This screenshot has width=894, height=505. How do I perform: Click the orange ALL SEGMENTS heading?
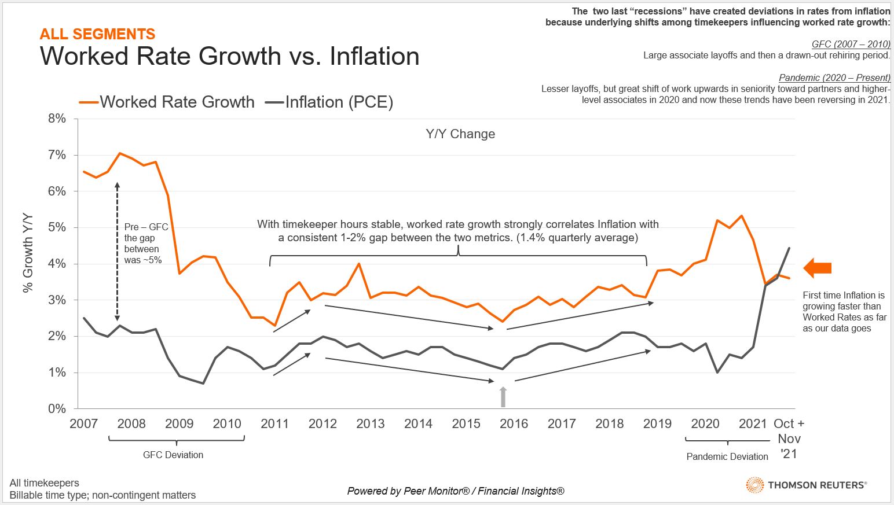pyautogui.click(x=97, y=34)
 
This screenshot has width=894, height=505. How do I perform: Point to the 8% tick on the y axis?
pyautogui.click(x=57, y=119)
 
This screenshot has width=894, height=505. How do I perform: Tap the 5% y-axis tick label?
pyautogui.click(x=57, y=227)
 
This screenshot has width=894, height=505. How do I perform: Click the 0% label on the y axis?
pyautogui.click(x=57, y=409)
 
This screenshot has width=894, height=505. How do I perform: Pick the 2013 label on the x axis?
pyautogui.click(x=371, y=424)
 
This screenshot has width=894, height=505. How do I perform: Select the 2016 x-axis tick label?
pyautogui.click(x=514, y=424)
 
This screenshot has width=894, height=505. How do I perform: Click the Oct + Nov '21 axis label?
pyautogui.click(x=789, y=438)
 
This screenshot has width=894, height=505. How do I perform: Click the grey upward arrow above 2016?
pyautogui.click(x=503, y=397)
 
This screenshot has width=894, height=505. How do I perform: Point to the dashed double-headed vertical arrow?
pyautogui.click(x=118, y=251)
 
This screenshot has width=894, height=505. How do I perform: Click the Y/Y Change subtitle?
pyautogui.click(x=460, y=134)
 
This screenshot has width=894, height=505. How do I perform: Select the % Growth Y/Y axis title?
pyautogui.click(x=28, y=253)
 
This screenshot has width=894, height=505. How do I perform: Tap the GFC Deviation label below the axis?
pyautogui.click(x=173, y=455)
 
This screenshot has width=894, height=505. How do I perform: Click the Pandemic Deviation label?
pyautogui.click(x=727, y=456)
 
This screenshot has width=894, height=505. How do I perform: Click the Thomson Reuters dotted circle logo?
pyautogui.click(x=754, y=485)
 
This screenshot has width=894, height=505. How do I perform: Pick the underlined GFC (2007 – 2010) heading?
pyautogui.click(x=851, y=44)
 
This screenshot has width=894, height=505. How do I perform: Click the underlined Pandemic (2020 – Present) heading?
pyautogui.click(x=834, y=78)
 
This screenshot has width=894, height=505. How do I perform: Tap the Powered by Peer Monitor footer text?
pyautogui.click(x=456, y=491)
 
